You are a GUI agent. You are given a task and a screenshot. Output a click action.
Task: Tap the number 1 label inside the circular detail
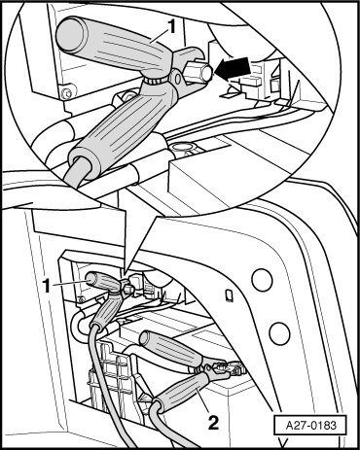pos(171,26)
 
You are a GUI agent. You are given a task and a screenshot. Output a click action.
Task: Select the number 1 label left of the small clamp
pos(48,286)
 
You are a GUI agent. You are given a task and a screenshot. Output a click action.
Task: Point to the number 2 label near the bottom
pos(213,422)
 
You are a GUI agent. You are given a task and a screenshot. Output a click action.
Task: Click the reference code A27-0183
pos(310,425)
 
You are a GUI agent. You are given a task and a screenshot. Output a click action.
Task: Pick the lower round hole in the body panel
pos(279,333)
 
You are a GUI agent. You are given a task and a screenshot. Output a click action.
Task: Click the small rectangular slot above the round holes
pos(229,295)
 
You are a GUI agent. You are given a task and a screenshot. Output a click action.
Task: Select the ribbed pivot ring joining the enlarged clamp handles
pos(157,79)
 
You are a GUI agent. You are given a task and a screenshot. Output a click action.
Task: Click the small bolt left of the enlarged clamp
pos(67,93)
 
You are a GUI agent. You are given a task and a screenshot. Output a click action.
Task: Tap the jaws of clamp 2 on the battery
pos(224,369)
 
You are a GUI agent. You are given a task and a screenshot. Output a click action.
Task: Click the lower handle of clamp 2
pos(183,392)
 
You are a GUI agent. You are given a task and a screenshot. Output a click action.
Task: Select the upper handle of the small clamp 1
pos(102,280)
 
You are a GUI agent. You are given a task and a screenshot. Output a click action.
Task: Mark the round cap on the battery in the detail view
pos(184,148)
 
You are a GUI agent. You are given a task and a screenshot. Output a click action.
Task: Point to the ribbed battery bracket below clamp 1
pos(113,375)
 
